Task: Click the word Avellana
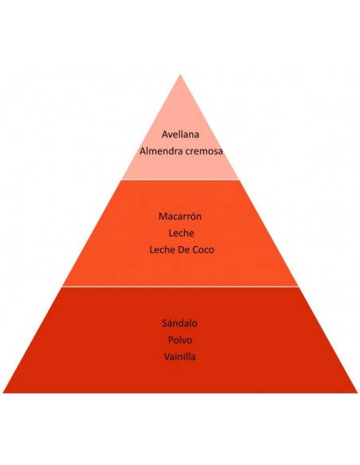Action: (x=180, y=135)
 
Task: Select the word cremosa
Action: (x=204, y=152)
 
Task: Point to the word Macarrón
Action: (x=180, y=216)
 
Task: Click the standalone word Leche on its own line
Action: (x=181, y=232)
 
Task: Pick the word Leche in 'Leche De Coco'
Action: (x=162, y=250)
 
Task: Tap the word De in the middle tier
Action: (x=183, y=250)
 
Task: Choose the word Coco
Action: (x=203, y=250)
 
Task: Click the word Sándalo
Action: (x=180, y=322)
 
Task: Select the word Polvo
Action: (x=180, y=340)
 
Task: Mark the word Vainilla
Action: (x=180, y=357)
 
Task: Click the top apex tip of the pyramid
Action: (x=180, y=74)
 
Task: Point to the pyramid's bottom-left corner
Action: (x=3, y=393)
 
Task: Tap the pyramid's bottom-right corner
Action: (x=358, y=393)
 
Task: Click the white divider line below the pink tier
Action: (x=180, y=179)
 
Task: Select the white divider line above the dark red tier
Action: (x=180, y=287)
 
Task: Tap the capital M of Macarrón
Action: (x=162, y=217)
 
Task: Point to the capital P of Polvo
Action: (x=170, y=340)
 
